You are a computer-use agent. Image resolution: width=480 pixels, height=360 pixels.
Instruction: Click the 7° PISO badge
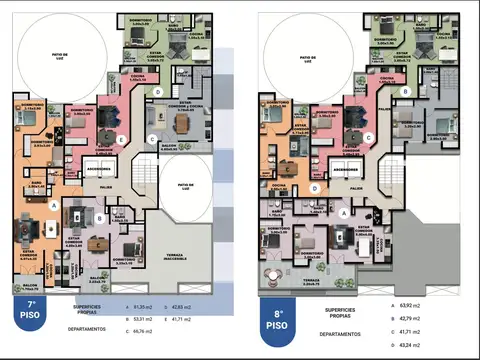point(32,311)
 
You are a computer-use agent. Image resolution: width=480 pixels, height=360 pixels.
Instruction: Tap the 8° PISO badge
point(277,320)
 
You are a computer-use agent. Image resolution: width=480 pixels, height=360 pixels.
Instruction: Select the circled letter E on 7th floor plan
point(120,138)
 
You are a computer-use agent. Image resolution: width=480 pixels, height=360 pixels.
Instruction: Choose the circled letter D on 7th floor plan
point(159,91)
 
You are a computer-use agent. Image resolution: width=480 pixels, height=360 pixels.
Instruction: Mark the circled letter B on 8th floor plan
point(405,91)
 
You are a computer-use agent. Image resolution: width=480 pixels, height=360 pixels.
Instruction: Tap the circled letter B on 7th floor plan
point(100,217)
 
